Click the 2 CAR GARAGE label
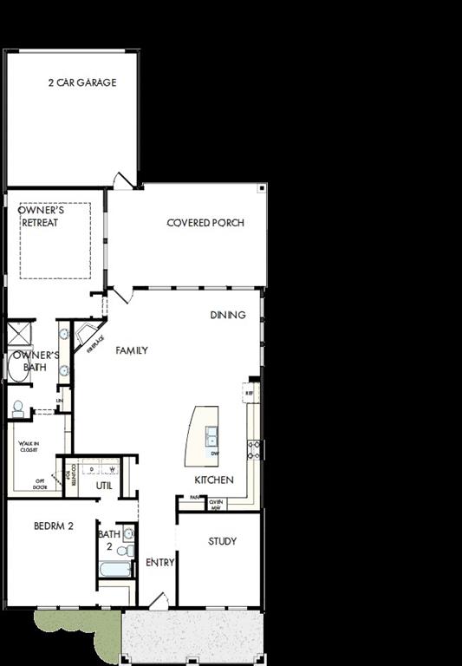click(x=82, y=83)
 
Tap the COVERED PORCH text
click(x=205, y=223)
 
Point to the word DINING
click(x=228, y=315)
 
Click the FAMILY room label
click(x=132, y=350)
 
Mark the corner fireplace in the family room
click(x=88, y=336)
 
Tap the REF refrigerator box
click(x=249, y=393)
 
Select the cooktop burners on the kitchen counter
click(x=255, y=448)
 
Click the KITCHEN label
click(x=213, y=480)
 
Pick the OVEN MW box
click(x=216, y=504)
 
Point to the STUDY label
click(x=222, y=541)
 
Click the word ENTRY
click(x=160, y=562)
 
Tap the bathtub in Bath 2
click(x=114, y=570)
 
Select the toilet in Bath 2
click(x=127, y=550)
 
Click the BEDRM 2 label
click(x=53, y=526)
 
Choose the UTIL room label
click(x=104, y=486)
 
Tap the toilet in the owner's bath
click(x=17, y=407)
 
